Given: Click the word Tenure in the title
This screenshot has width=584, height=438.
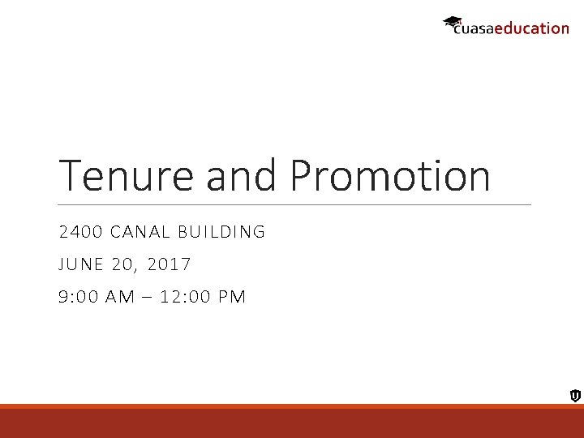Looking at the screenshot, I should tap(127, 175).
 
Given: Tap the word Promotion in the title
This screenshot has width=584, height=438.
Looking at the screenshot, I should tap(390, 175).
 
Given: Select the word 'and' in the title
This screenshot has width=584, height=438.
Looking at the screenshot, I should tap(241, 175).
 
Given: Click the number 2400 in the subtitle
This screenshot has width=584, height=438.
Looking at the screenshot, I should tap(79, 232).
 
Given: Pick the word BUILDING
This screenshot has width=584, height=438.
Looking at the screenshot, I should tap(225, 232).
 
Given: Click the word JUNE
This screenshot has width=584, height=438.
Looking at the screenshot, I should tap(80, 264).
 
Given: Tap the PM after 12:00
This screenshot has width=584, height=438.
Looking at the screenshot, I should tap(231, 297).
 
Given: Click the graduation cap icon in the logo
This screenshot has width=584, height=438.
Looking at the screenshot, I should tap(452, 22).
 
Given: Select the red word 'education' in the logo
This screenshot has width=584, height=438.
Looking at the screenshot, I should tap(531, 28).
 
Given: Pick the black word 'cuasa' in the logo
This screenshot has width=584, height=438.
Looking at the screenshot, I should tap(473, 29).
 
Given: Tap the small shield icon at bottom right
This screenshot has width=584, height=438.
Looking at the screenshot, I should tap(574, 396).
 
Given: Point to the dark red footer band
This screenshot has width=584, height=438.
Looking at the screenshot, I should tap(292, 423).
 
